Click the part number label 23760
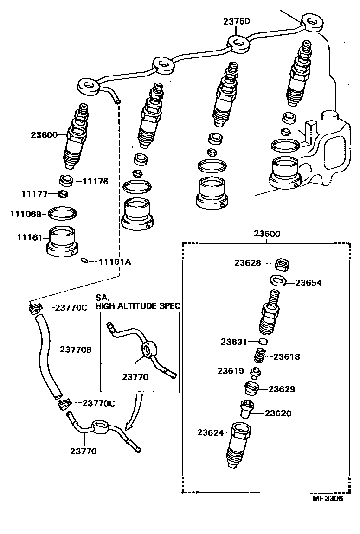coord(237,21)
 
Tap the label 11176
coord(95,182)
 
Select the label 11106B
coord(26,214)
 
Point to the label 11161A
coord(115,262)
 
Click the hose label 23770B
coord(76,350)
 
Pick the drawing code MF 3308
coord(328,499)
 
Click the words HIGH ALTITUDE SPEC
coord(138,306)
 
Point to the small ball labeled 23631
coord(262,342)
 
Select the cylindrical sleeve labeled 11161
coord(63,241)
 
